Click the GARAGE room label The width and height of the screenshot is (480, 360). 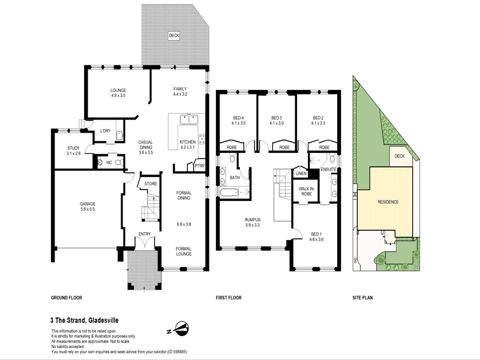[88, 204]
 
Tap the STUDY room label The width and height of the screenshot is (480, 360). [73, 148]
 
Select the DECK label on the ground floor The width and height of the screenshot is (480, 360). [174, 35]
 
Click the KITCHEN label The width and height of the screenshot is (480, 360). [188, 142]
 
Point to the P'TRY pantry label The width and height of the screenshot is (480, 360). [200, 166]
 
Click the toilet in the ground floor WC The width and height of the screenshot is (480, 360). [119, 163]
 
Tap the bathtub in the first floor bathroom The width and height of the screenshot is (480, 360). [229, 193]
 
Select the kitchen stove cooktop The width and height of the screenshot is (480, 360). [202, 139]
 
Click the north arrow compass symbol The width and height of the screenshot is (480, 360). [181, 329]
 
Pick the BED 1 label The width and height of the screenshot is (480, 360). [316, 234]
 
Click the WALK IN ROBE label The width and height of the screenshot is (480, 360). [306, 191]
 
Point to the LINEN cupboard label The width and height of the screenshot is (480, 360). [301, 173]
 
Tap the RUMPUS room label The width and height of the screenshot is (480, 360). [253, 220]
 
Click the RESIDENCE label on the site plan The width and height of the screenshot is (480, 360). [388, 202]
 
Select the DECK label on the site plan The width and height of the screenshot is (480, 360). [400, 156]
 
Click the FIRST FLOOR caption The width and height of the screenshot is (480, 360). [229, 298]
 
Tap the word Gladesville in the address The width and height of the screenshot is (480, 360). [103, 320]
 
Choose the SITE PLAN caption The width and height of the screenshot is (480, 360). [362, 298]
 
